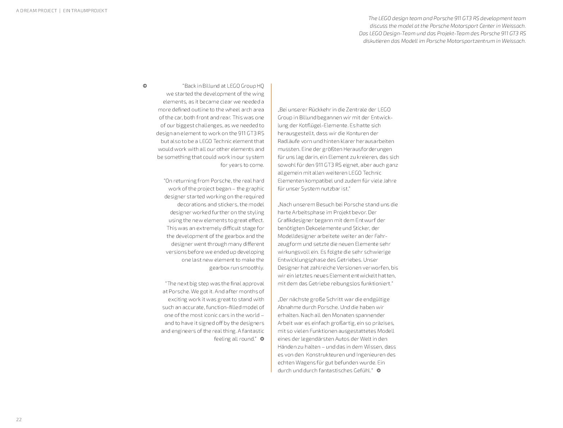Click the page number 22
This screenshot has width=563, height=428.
(x=19, y=419)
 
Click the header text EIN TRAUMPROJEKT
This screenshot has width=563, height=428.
(x=85, y=11)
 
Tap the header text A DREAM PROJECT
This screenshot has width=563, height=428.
(x=36, y=11)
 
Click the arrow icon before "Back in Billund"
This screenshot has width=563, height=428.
(x=145, y=86)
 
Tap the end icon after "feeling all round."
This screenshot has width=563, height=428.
(x=262, y=339)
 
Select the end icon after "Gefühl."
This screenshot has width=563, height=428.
(x=378, y=371)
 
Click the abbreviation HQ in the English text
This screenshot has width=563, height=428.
(x=260, y=86)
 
